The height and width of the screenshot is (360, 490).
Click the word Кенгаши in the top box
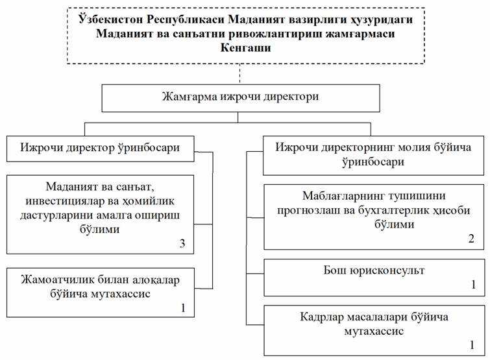(245, 48)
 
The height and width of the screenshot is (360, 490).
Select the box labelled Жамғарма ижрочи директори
(241, 98)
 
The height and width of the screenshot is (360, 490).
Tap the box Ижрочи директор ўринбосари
(101, 149)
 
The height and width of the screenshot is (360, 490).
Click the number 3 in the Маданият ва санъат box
(182, 243)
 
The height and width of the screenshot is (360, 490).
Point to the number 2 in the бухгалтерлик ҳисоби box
(471, 239)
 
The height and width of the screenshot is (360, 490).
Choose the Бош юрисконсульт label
(374, 270)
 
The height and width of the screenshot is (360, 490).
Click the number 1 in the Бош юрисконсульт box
(473, 285)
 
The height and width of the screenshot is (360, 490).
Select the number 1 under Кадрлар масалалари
(472, 344)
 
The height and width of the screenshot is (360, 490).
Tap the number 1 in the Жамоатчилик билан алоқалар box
(183, 308)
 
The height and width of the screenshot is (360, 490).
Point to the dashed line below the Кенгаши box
(239, 74)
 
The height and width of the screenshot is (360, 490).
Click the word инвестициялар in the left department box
(62, 201)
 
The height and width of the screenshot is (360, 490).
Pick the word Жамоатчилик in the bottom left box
(58, 280)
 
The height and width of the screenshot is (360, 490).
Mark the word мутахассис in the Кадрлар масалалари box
(374, 331)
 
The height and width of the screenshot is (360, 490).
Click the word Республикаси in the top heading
(186, 19)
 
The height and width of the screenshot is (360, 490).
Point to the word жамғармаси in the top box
(360, 34)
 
